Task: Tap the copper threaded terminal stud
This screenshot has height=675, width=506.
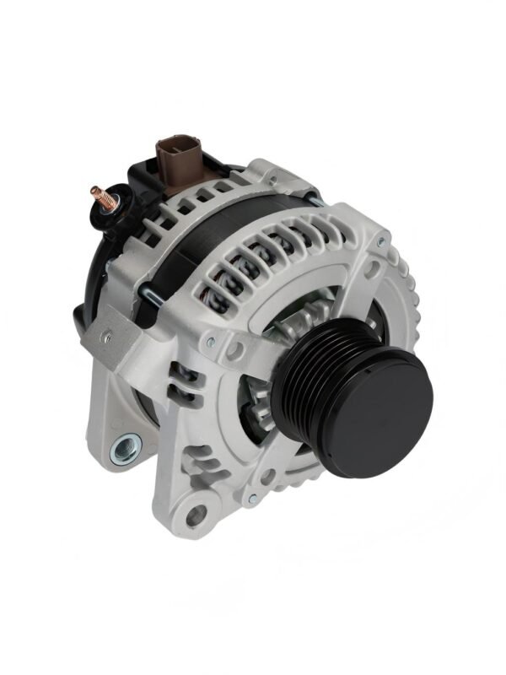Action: [102, 195]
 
